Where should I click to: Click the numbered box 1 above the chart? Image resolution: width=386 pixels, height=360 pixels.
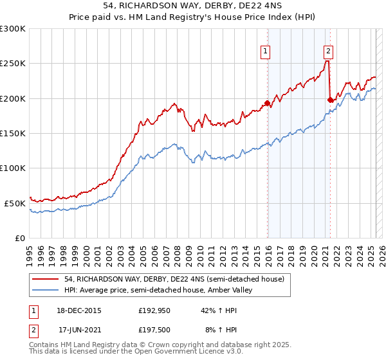click(266, 53)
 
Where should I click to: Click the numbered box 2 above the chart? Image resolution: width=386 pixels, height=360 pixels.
click(328, 53)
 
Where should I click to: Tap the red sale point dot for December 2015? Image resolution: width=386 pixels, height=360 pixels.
click(267, 103)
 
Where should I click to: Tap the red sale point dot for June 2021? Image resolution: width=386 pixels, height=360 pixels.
click(330, 100)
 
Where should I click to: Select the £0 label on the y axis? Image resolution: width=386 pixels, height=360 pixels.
click(19, 238)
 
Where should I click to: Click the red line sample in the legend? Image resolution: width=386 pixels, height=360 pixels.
click(46, 279)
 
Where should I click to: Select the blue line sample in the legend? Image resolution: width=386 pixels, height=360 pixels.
click(46, 290)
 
